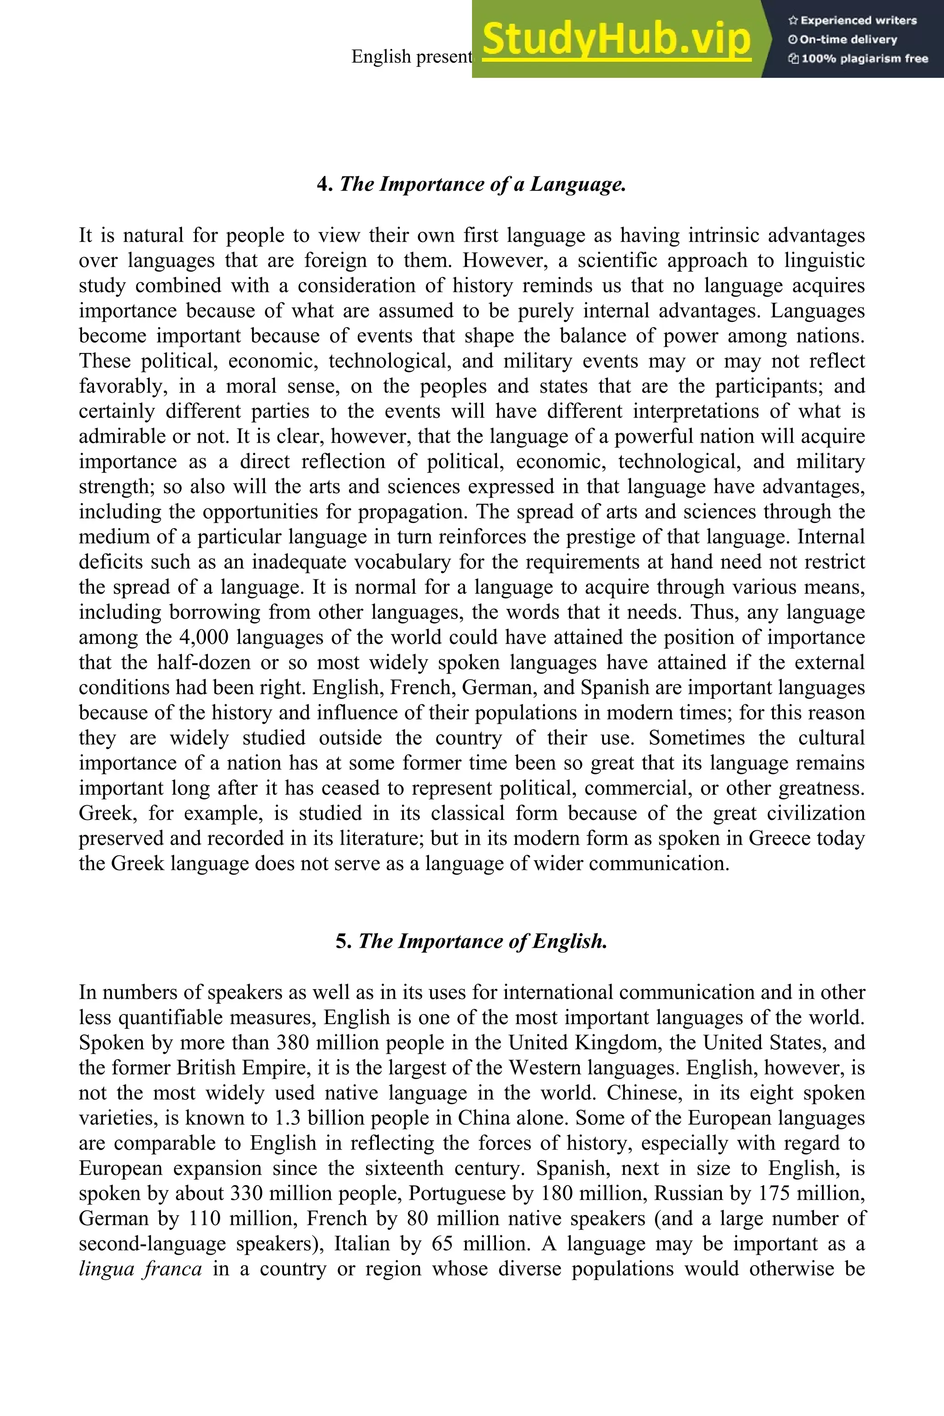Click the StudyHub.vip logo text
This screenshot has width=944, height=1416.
[616, 39]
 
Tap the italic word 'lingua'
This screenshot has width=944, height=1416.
[106, 1269]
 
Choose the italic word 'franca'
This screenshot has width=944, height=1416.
[173, 1269]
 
